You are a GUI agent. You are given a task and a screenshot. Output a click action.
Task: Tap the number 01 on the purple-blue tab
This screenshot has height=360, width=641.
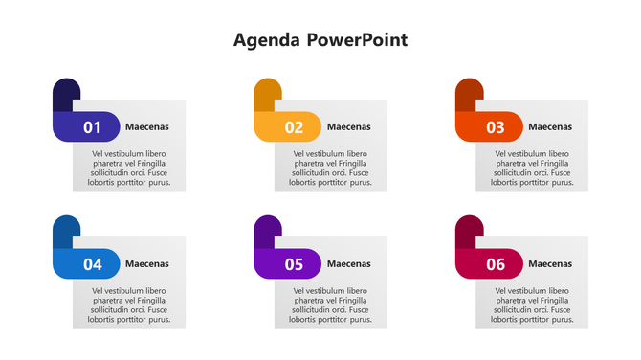point(93,127)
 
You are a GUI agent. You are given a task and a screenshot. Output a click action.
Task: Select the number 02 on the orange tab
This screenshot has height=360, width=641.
point(294,127)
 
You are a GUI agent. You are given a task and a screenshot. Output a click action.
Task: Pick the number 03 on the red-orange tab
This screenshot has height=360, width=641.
point(496,127)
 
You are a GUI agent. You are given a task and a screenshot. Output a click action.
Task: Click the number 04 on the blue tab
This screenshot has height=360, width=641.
point(93,264)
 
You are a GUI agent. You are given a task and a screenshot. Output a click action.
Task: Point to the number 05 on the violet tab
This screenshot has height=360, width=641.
point(294,264)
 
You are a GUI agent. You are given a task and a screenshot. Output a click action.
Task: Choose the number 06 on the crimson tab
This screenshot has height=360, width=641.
point(496,264)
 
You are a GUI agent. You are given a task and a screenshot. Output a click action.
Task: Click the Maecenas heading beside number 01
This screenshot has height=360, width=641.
point(147,126)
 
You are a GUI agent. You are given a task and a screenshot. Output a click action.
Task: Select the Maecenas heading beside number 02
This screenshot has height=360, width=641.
point(348,126)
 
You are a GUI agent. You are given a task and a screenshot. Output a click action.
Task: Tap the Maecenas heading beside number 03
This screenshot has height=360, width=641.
point(550,126)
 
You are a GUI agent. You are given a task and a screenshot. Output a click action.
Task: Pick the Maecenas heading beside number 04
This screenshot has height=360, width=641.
point(147,263)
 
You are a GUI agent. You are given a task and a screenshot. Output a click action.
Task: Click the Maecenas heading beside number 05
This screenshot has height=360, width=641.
point(348,263)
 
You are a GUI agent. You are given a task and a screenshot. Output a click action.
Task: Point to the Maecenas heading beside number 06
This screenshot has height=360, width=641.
point(550,263)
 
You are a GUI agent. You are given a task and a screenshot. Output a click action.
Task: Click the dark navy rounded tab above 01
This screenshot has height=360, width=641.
point(65,93)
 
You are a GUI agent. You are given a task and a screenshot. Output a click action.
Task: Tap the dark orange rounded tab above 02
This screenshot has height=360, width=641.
point(267,93)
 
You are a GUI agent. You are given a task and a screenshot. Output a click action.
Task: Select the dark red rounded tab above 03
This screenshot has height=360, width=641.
point(468,93)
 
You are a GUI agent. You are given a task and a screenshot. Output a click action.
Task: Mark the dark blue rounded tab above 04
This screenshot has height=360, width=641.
point(65,230)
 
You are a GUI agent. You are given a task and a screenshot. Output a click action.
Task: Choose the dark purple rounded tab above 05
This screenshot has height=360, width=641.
point(267,230)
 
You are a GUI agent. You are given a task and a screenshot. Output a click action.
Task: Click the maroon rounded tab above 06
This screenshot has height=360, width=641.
point(468,230)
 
